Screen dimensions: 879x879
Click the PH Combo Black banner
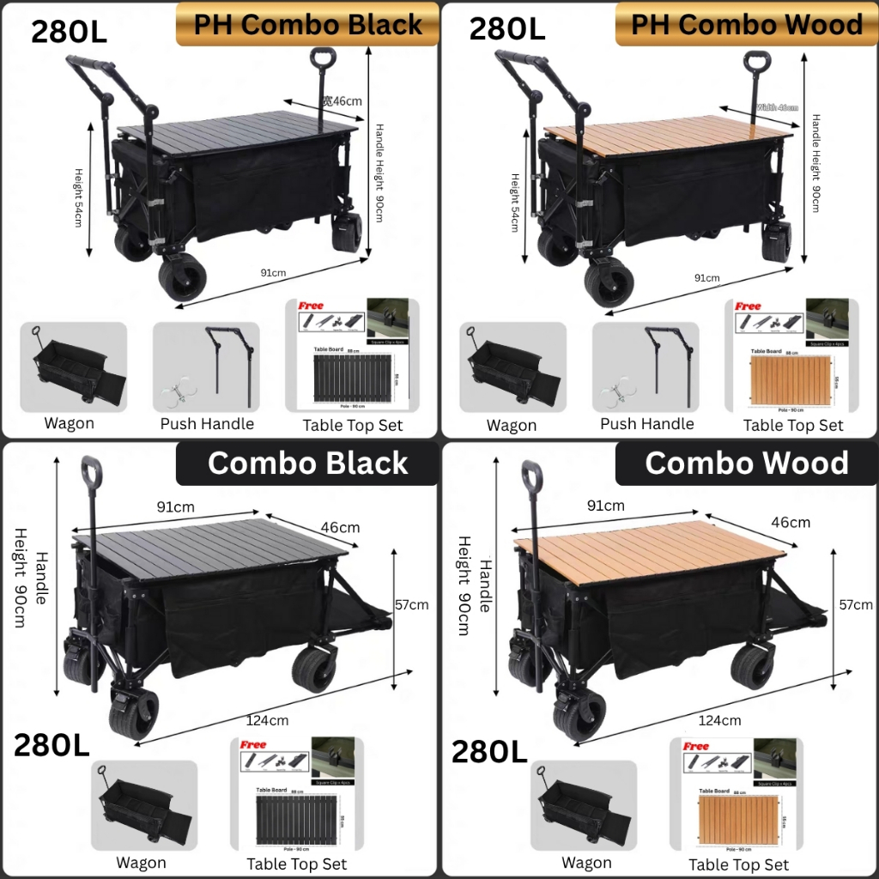pyautogui.click(x=307, y=24)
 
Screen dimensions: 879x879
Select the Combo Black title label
pyautogui.click(x=307, y=464)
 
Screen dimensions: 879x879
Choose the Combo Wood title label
pyautogui.click(x=746, y=464)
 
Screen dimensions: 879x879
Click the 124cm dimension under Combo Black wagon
pyautogui.click(x=267, y=720)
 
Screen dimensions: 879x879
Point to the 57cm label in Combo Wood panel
pyautogui.click(x=856, y=604)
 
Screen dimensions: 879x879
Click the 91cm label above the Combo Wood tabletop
pyautogui.click(x=606, y=506)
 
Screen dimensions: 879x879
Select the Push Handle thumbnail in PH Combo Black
pyautogui.click(x=206, y=367)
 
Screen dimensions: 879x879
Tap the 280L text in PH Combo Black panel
pyautogui.click(x=69, y=31)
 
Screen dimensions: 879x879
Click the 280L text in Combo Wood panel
pyautogui.click(x=489, y=752)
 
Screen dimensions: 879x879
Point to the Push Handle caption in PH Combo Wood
pyautogui.click(x=647, y=424)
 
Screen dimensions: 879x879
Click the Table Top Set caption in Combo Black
pyautogui.click(x=297, y=864)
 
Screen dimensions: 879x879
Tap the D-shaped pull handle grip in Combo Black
pyautogui.click(x=92, y=471)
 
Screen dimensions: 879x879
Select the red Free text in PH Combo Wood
pyautogui.click(x=748, y=306)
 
